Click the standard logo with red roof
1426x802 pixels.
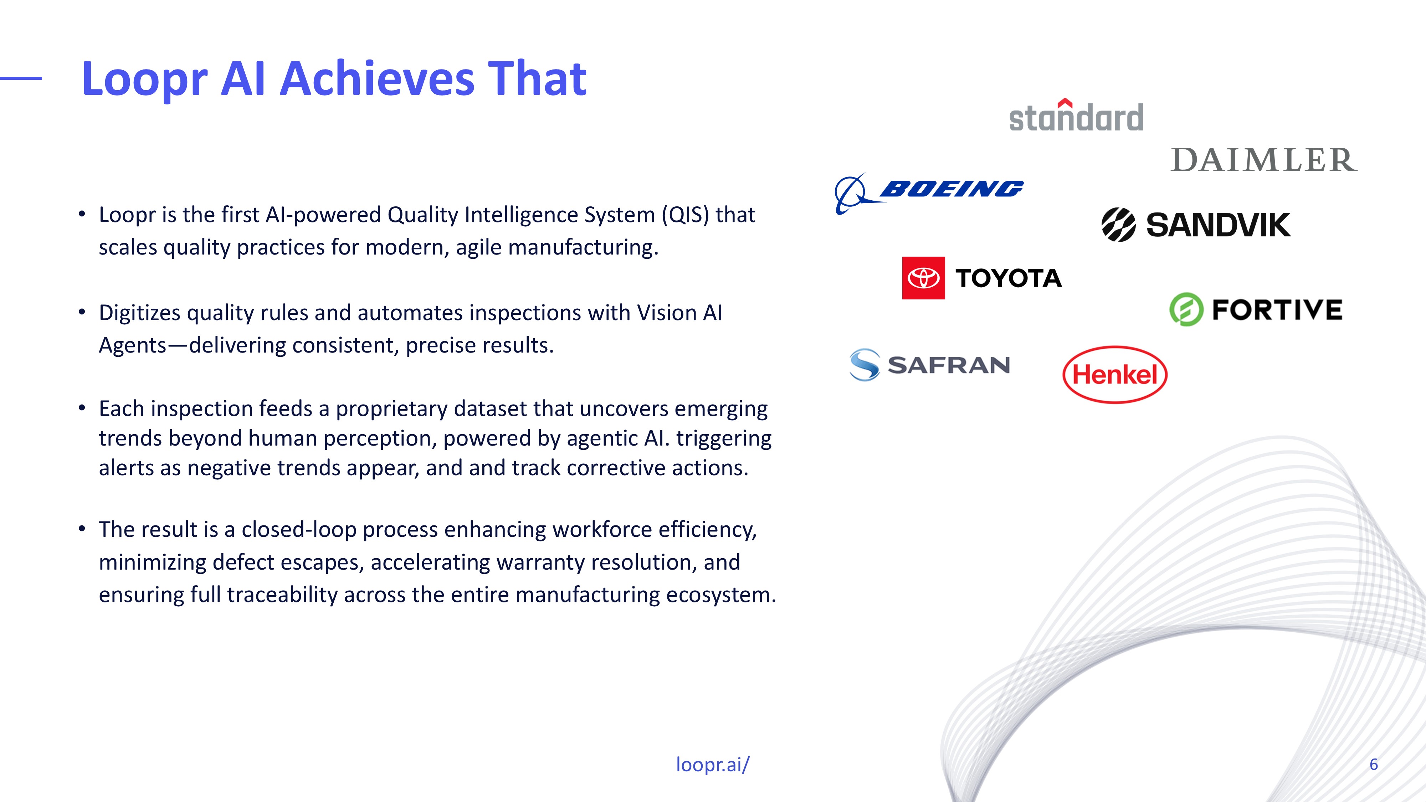click(x=1076, y=116)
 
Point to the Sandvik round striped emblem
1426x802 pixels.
click(x=1118, y=225)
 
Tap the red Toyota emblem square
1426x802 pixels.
click(x=923, y=278)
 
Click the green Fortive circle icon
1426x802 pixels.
click(x=1186, y=309)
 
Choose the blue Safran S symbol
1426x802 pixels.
click(x=864, y=365)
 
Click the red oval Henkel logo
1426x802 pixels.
click(x=1115, y=375)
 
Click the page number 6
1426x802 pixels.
click(x=1373, y=764)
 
